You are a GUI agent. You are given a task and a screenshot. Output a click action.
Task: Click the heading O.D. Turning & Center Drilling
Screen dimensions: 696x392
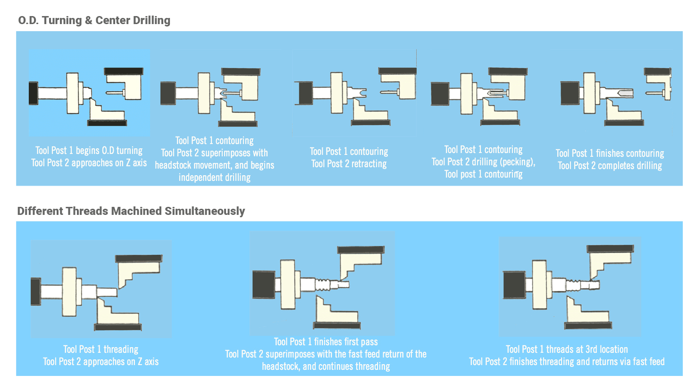[x=94, y=20]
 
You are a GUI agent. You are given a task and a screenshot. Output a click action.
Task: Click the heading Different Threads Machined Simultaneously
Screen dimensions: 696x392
[x=131, y=211]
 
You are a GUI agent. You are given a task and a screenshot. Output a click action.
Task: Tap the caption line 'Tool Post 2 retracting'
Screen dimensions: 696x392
[x=349, y=163]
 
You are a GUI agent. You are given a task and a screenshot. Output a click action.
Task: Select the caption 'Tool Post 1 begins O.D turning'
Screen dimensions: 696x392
[x=89, y=151]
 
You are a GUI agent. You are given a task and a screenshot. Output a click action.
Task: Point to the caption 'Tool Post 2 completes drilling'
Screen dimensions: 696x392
[x=610, y=165]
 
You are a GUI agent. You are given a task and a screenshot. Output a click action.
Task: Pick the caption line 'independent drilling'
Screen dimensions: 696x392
[x=214, y=177]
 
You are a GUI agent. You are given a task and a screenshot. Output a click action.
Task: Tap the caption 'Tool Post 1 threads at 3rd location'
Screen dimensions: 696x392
[x=567, y=349]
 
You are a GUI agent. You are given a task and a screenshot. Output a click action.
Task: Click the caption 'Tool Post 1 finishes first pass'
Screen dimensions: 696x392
[x=326, y=341]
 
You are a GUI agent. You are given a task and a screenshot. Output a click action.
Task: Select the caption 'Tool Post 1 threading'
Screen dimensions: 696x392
[x=101, y=349]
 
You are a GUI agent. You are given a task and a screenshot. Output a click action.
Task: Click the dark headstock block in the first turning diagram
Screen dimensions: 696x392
[x=33, y=93]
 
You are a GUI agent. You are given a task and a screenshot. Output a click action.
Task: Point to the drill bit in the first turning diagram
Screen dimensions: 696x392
[x=115, y=93]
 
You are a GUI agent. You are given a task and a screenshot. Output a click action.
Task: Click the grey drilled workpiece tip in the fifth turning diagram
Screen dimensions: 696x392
[x=625, y=93]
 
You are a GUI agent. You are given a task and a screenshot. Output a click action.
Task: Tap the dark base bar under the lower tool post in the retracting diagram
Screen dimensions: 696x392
[x=370, y=123]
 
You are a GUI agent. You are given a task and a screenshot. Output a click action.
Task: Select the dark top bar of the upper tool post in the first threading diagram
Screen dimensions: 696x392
[x=139, y=258]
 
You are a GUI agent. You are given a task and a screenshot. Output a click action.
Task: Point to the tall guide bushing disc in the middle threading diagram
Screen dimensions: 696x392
[x=288, y=284]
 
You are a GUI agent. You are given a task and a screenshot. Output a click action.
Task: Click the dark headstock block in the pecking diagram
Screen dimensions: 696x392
[x=440, y=94]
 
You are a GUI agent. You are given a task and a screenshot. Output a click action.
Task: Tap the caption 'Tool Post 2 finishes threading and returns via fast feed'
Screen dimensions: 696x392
[x=567, y=361]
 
